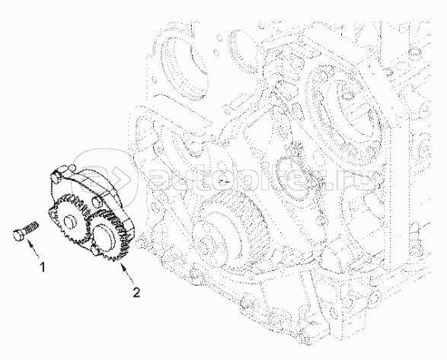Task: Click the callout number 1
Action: tap(43, 267)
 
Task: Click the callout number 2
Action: tap(137, 292)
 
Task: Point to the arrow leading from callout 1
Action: tap(33, 247)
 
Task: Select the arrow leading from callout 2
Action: tap(127, 272)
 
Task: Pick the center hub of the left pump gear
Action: tap(70, 221)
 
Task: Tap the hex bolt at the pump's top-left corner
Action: tap(56, 176)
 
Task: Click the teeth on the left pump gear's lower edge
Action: tap(72, 241)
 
